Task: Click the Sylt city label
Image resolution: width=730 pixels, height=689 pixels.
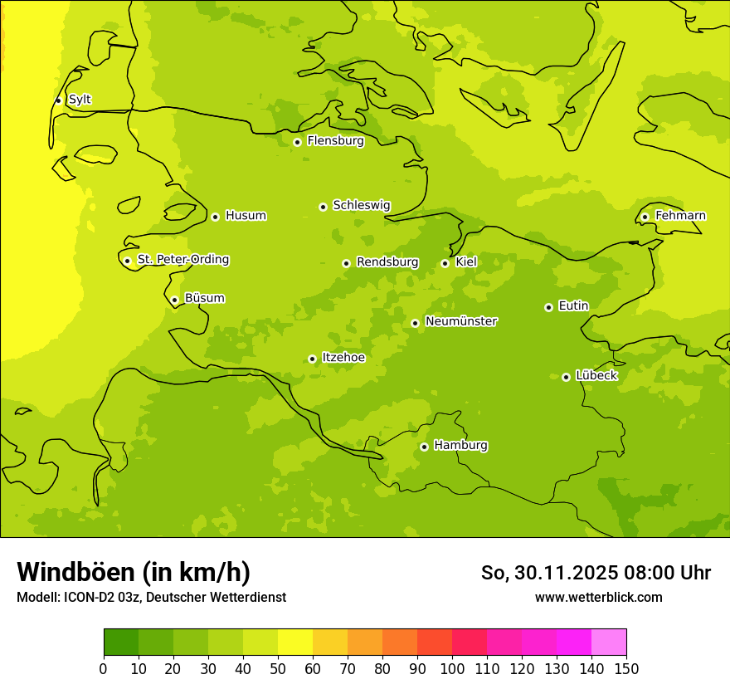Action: [80, 100]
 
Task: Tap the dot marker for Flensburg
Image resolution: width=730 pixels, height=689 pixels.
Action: [297, 142]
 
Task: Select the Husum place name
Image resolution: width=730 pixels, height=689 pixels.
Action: [246, 216]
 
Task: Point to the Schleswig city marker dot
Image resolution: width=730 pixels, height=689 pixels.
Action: [323, 207]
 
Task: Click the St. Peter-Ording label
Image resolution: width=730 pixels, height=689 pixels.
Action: [183, 260]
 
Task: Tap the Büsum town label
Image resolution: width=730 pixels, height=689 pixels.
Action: [204, 298]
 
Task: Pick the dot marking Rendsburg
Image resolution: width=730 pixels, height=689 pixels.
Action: [346, 263]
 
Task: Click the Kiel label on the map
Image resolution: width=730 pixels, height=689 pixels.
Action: [466, 262]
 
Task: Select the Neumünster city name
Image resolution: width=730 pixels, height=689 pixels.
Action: [461, 321]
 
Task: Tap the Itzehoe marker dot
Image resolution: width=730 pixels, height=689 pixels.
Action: [312, 359]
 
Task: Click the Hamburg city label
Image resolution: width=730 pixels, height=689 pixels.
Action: [460, 445]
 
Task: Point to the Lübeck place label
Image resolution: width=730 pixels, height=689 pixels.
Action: [596, 375]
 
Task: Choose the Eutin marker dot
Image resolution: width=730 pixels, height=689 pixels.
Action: [548, 307]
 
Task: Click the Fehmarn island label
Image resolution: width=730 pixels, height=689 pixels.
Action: [680, 216]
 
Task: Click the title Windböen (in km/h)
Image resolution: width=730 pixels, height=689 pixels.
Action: [134, 572]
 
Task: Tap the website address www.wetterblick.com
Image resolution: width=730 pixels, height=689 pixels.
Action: [598, 597]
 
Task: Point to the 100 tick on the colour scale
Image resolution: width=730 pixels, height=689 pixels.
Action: [452, 668]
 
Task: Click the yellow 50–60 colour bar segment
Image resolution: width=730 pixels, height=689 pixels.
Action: [295, 643]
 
